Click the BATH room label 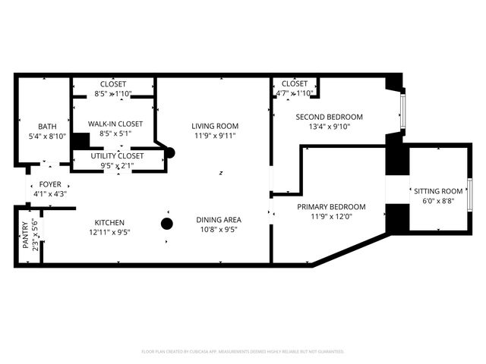[x=47, y=127]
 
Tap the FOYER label [x=50, y=184]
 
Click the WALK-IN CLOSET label [x=115, y=124]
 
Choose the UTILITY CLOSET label [x=117, y=155]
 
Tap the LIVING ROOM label [x=215, y=126]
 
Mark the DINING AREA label [x=219, y=220]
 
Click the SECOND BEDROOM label [x=330, y=117]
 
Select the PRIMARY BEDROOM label [x=331, y=207]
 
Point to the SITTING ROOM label [x=437, y=191]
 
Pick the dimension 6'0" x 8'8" [x=437, y=201]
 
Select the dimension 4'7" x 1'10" [x=295, y=93]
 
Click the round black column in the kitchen [x=166, y=223]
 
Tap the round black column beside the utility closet [x=169, y=152]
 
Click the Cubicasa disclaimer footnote [x=243, y=352]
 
